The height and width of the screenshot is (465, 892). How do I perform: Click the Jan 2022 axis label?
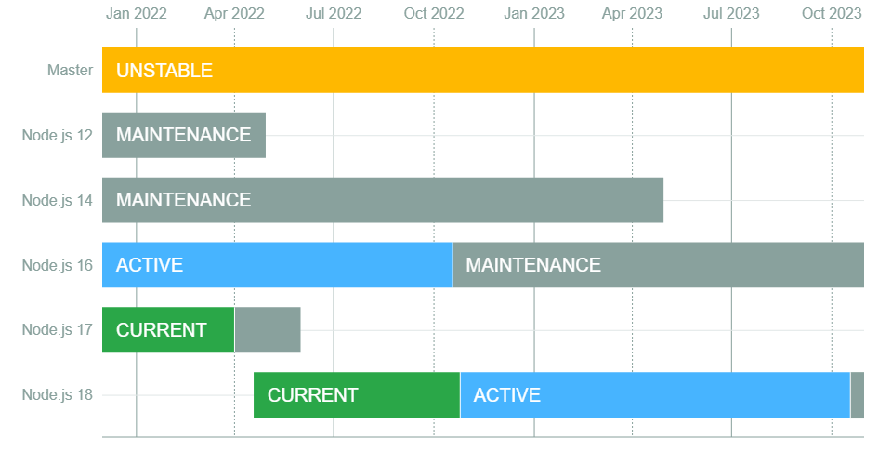tap(136, 13)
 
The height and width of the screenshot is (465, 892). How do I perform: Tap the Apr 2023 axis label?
tap(632, 13)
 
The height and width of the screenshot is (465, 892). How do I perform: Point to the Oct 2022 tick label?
tap(434, 13)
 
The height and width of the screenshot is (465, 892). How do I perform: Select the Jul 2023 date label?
tap(731, 13)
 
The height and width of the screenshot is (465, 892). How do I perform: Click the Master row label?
tap(70, 70)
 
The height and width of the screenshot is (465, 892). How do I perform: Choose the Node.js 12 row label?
tap(57, 136)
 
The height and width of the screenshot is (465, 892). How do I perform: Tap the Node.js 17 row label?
tap(57, 330)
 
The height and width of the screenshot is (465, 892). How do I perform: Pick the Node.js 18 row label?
tap(57, 395)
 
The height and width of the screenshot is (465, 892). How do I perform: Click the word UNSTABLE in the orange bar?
tap(164, 71)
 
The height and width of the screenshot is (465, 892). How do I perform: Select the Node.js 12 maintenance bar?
tap(184, 135)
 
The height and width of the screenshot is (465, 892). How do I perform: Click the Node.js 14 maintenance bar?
tap(383, 200)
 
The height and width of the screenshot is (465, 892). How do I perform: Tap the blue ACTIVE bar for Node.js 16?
tap(277, 265)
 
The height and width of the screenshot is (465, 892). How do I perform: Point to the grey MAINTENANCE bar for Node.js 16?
tap(658, 265)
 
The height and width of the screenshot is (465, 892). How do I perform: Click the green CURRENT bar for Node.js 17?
tap(168, 330)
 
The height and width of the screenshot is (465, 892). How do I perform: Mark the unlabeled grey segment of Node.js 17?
tap(268, 330)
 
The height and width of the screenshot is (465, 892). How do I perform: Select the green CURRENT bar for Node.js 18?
tap(357, 395)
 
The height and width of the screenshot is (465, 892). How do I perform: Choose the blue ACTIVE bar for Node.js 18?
tap(655, 395)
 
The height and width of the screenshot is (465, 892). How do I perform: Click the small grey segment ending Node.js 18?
tap(858, 395)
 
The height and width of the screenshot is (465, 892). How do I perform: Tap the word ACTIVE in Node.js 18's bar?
tap(507, 395)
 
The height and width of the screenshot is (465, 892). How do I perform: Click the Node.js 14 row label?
tap(57, 200)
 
